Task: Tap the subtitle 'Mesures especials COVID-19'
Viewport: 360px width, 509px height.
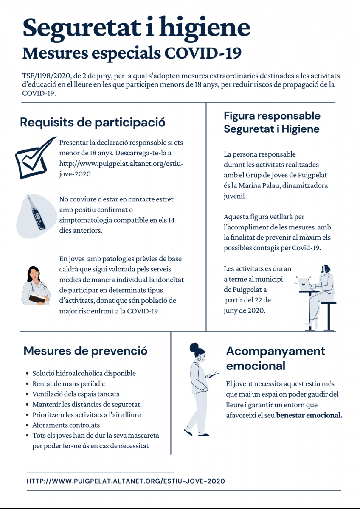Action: (x=132, y=53)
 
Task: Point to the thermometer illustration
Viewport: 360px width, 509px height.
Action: (x=36, y=212)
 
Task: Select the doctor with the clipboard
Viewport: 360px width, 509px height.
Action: (x=36, y=285)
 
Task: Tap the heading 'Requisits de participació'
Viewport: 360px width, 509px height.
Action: (x=93, y=123)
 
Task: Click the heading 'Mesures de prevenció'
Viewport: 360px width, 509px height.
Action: (x=85, y=351)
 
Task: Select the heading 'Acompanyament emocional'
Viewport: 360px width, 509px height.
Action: (x=276, y=358)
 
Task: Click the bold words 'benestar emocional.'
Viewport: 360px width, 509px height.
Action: (x=309, y=415)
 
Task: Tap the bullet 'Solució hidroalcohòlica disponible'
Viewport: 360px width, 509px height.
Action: (x=84, y=373)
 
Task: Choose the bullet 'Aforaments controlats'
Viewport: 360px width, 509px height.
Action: (x=66, y=425)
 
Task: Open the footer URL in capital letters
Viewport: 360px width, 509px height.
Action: (x=126, y=481)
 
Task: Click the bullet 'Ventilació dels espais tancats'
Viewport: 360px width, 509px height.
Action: (x=76, y=394)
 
